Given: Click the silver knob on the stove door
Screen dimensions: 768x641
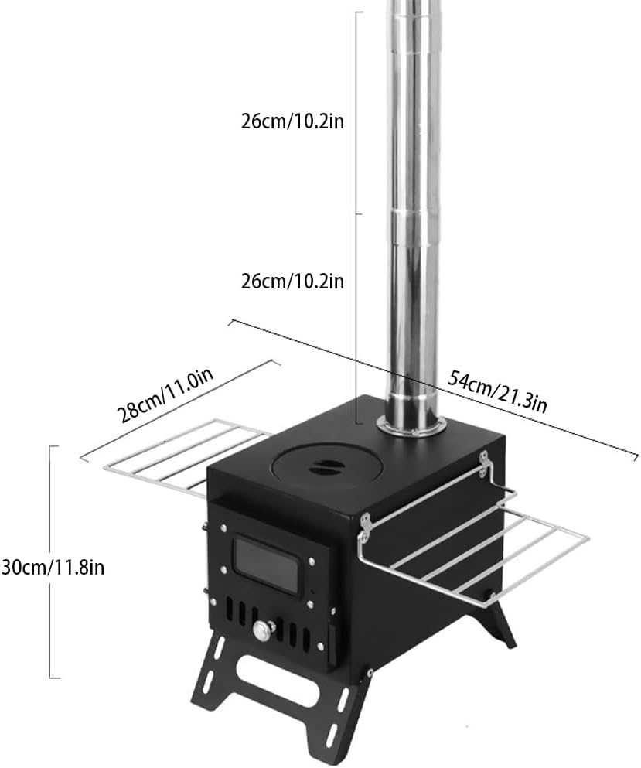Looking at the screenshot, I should point(262,632).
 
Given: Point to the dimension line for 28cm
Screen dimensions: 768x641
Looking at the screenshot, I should point(178,409).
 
